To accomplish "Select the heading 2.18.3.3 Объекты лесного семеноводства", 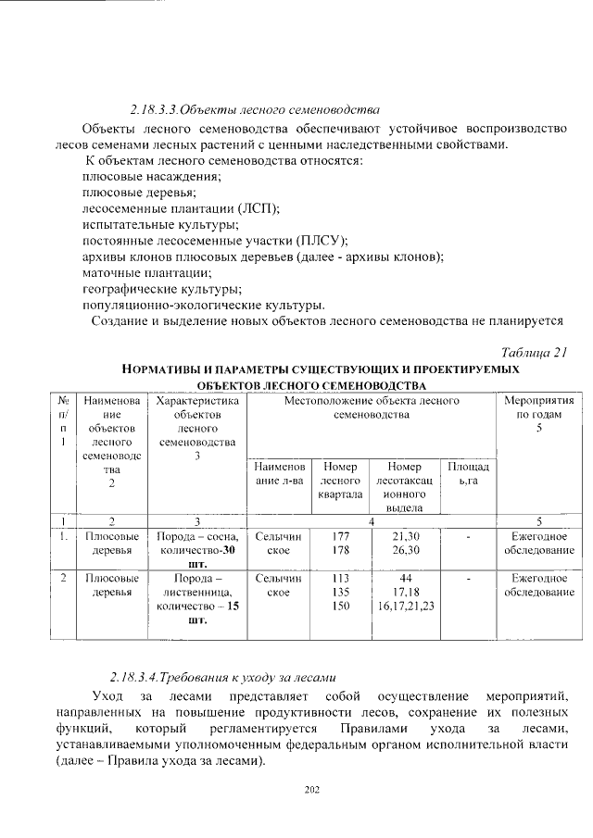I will coord(256,107).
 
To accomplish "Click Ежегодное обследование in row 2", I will coord(538,584).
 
